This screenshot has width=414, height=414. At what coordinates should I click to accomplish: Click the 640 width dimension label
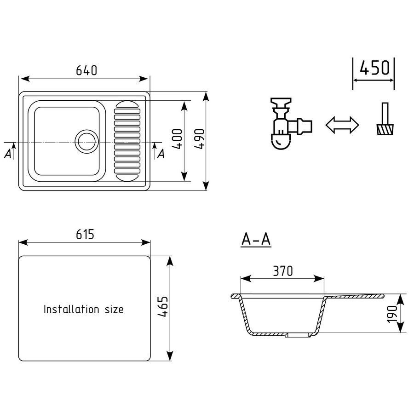tap(86, 70)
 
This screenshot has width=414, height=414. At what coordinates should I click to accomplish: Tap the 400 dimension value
tap(177, 139)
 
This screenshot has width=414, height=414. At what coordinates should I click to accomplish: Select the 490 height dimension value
tap(199, 139)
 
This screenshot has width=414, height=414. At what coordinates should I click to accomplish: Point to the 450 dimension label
tap(374, 68)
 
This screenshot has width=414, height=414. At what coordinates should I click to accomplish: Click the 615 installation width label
tap(85, 234)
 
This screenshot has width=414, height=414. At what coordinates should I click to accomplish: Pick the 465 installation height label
tap(163, 306)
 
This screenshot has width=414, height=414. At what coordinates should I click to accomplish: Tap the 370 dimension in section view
tap(283, 271)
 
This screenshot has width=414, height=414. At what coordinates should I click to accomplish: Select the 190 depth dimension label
tap(392, 314)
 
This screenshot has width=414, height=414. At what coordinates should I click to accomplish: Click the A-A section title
tap(256, 240)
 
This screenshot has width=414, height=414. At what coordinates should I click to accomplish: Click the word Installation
tap(71, 309)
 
